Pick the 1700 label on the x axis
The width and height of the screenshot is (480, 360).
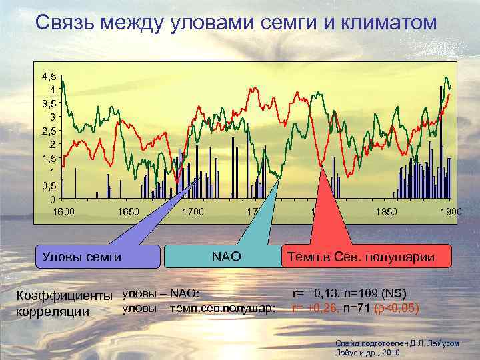[192, 212]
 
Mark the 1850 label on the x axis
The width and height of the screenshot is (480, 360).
[385, 212]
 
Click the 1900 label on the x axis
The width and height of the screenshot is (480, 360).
[450, 212]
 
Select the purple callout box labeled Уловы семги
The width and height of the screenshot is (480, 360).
[81, 256]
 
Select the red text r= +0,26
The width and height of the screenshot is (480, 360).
[316, 308]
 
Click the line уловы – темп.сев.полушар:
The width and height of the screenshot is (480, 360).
[199, 308]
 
